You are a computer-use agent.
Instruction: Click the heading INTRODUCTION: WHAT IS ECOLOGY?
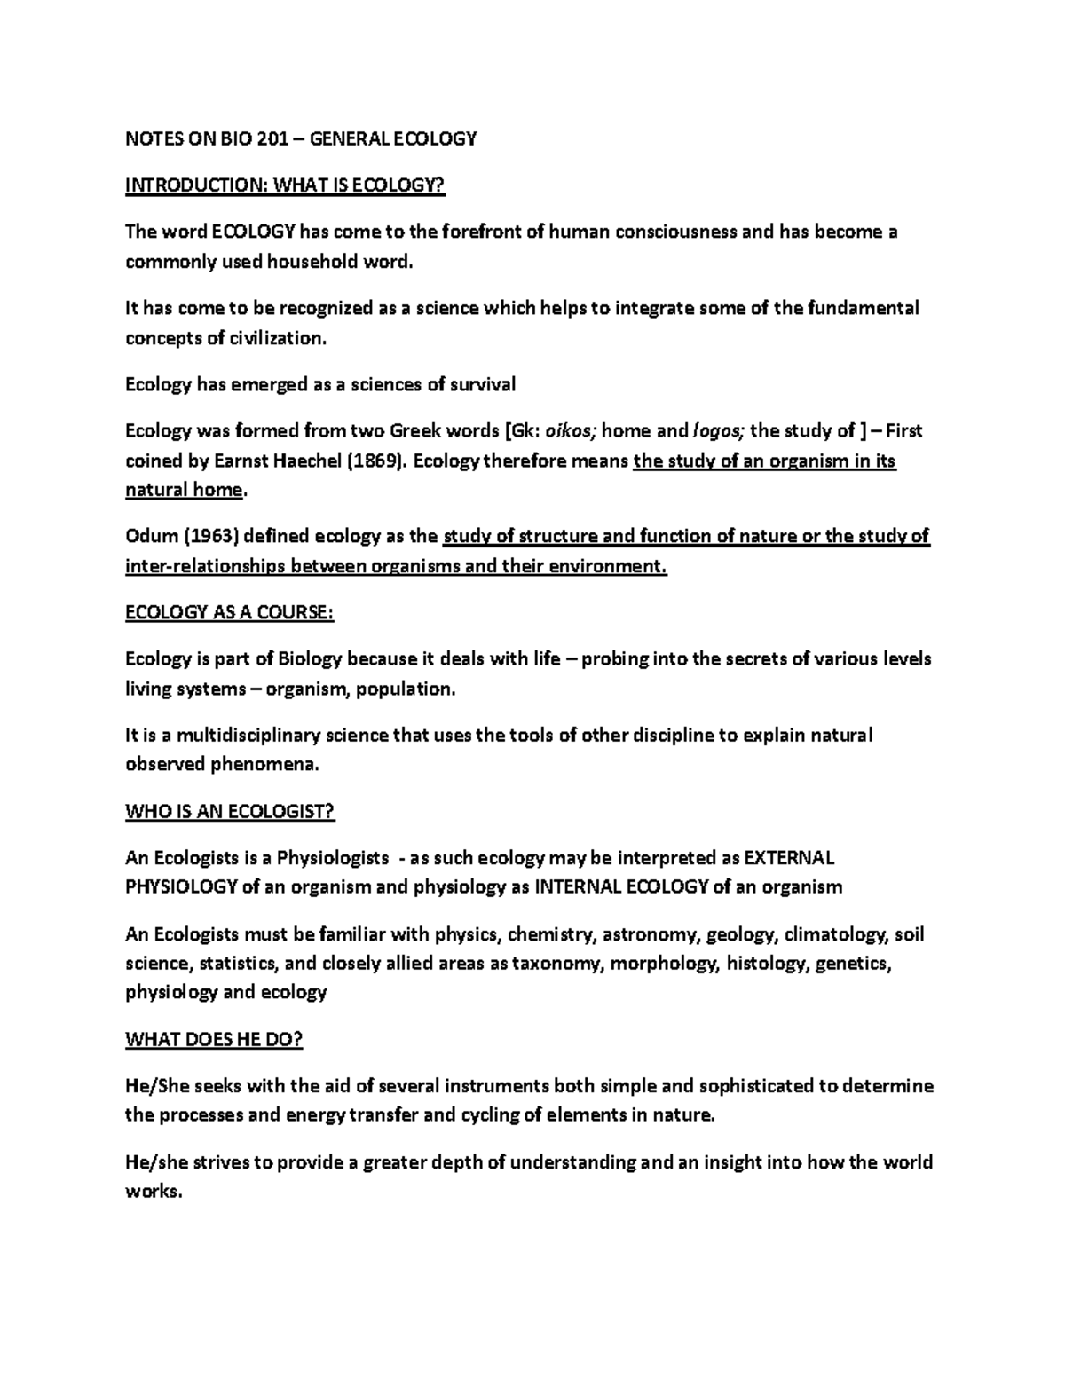click(x=284, y=185)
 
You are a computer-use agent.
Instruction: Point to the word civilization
click(x=276, y=338)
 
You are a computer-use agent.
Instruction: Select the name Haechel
click(x=317, y=461)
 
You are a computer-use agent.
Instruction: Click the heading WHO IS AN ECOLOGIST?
click(x=230, y=812)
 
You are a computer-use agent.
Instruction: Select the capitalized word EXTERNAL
click(x=789, y=858)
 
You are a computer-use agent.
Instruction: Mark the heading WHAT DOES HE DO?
click(x=214, y=1040)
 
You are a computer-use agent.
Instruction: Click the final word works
click(x=153, y=1192)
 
